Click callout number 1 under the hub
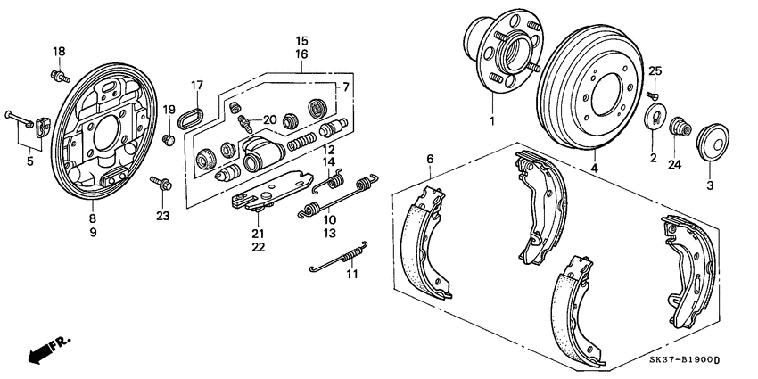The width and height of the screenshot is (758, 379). click(490, 120)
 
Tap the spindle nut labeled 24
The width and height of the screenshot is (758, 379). click(677, 126)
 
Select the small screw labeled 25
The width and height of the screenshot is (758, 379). click(652, 93)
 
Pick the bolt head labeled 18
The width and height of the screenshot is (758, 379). click(60, 76)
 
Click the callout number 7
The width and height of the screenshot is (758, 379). click(344, 87)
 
